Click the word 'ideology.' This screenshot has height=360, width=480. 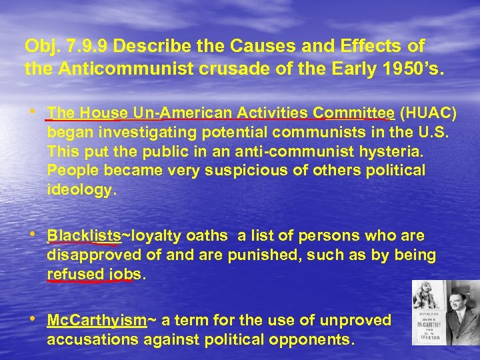click(82, 190)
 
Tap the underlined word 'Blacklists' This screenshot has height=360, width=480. click(84, 236)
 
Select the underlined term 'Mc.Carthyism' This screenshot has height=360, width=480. click(97, 320)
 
